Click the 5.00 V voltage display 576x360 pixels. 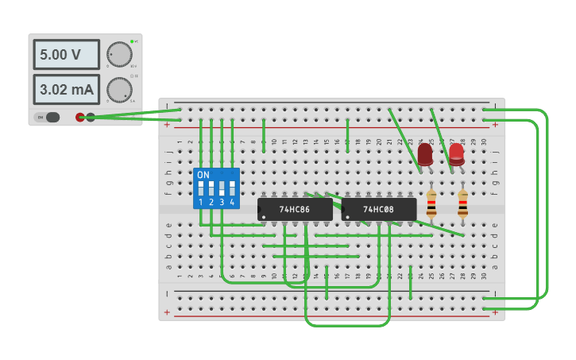(66, 55)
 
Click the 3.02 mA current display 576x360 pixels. (66, 90)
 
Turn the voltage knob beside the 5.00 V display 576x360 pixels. (119, 54)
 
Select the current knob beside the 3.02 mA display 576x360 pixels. (119, 90)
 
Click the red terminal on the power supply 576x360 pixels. (80, 117)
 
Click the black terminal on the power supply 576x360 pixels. (91, 117)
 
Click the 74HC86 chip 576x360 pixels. (295, 209)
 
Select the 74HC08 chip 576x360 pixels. (379, 209)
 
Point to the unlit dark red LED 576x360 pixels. (425, 153)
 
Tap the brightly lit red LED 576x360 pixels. (456, 153)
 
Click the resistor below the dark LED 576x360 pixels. (431, 204)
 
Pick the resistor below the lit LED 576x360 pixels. (462, 204)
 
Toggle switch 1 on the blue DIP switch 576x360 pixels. (201, 189)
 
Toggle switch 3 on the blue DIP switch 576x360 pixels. (222, 189)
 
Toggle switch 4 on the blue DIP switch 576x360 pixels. (232, 189)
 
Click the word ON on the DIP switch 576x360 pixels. (203, 175)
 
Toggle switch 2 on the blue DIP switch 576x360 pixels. (211, 189)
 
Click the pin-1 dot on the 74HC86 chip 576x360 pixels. (264, 217)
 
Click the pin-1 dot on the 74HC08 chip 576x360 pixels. (348, 217)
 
